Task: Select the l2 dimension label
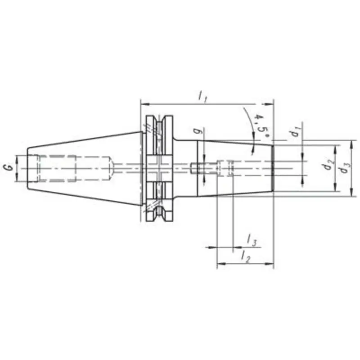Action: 245,257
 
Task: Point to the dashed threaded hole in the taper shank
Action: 56,168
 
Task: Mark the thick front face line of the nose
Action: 273,168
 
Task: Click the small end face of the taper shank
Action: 28,168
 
